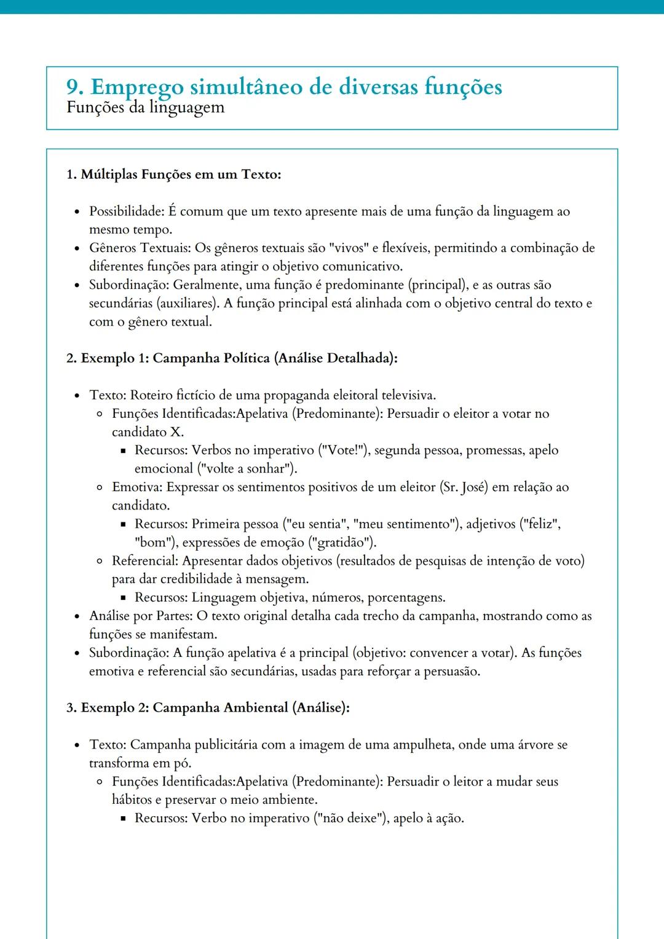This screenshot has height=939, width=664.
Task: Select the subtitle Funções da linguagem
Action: (145, 108)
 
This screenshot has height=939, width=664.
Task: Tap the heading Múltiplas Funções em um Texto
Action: (180, 175)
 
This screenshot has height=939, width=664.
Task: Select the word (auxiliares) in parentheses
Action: (188, 304)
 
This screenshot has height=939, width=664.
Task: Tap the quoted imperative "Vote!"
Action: (344, 450)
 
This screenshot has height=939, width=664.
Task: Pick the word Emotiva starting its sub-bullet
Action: (136, 487)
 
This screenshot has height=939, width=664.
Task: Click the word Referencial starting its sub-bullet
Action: (144, 561)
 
